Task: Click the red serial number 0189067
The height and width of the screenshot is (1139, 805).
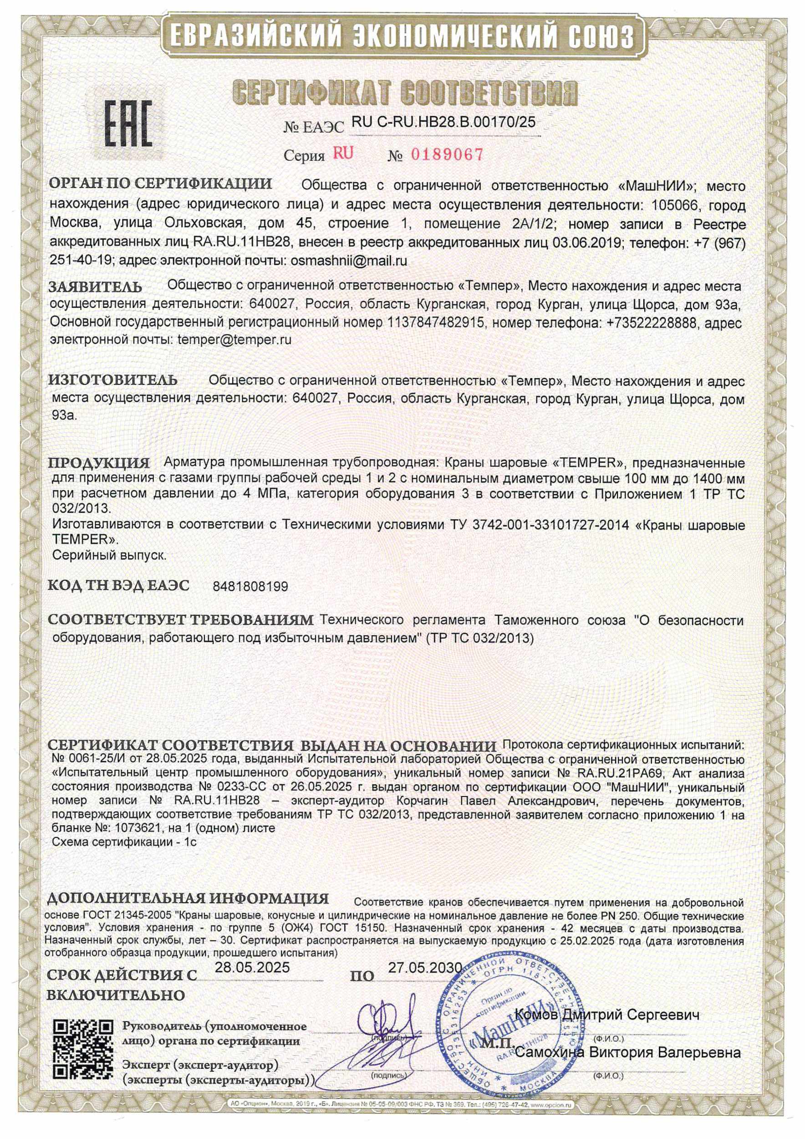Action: pos(447,155)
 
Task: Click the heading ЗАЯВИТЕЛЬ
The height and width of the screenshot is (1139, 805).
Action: pos(95,287)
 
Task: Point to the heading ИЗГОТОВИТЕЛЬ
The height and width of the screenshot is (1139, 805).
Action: pos(112,380)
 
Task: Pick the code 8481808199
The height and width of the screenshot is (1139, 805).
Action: pos(250,587)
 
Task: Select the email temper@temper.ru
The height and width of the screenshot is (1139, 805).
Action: pos(234,340)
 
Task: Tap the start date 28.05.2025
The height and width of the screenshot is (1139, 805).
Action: pos(252,967)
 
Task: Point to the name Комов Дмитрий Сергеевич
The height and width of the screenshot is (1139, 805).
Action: pos(608,1015)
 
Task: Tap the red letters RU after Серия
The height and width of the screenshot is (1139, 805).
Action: pos(343,153)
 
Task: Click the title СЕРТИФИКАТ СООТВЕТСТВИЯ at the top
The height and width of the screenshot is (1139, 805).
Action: pos(405,93)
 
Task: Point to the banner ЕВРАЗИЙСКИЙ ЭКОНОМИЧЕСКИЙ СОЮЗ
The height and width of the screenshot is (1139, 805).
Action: pos(402,35)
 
